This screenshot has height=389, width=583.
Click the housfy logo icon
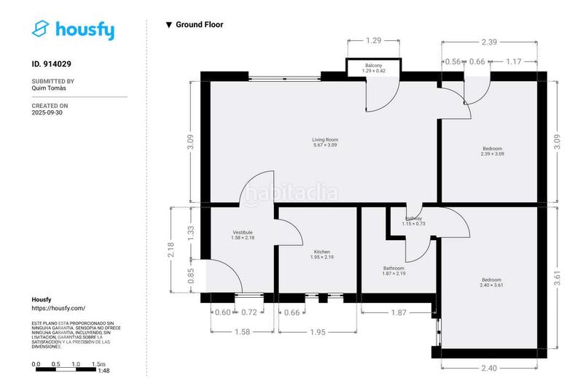(x=42, y=29)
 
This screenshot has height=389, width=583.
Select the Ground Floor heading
(x=199, y=25)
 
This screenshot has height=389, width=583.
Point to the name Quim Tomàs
(x=50, y=88)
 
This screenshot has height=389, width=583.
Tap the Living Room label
(x=324, y=139)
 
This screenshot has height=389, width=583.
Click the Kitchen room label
(x=321, y=252)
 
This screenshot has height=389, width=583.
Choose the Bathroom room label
(x=394, y=268)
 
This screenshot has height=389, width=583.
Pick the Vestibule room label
(x=242, y=232)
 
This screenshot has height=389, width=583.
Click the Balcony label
(x=375, y=66)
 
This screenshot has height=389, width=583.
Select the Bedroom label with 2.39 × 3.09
(x=492, y=149)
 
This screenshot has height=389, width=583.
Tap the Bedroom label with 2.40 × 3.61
(x=492, y=280)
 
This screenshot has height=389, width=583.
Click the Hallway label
(x=413, y=219)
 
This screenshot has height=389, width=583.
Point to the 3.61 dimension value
(x=557, y=277)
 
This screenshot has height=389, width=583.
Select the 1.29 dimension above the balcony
(x=374, y=40)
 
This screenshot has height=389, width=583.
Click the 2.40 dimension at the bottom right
(x=489, y=368)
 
